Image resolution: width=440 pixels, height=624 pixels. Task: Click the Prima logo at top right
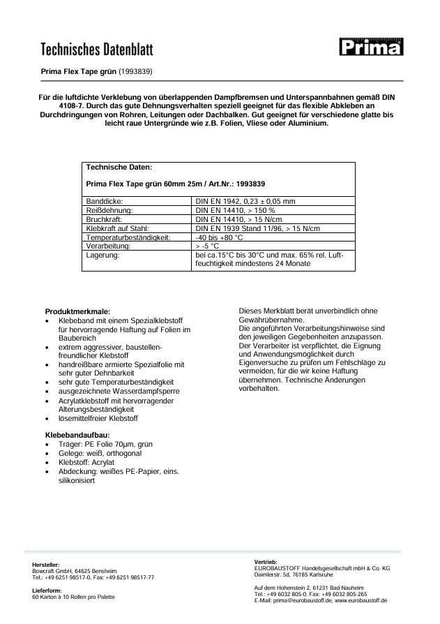371,48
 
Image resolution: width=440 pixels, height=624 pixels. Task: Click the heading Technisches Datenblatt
96,50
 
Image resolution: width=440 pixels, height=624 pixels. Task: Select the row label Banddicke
105,200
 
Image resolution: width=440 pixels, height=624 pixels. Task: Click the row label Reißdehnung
109,209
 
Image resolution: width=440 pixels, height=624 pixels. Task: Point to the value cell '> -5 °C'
213,246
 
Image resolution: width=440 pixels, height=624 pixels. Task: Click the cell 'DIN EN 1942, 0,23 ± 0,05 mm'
246,200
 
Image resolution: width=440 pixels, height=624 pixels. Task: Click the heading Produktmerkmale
77,311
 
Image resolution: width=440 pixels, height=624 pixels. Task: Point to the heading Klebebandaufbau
77,435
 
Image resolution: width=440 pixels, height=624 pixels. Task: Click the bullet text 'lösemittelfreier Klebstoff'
98,419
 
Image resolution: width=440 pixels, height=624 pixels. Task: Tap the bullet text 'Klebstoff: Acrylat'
86,462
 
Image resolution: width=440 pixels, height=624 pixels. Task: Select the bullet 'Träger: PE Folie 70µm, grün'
105,444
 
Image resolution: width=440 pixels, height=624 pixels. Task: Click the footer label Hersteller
46,564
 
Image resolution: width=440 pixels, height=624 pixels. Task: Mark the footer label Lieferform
47,590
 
